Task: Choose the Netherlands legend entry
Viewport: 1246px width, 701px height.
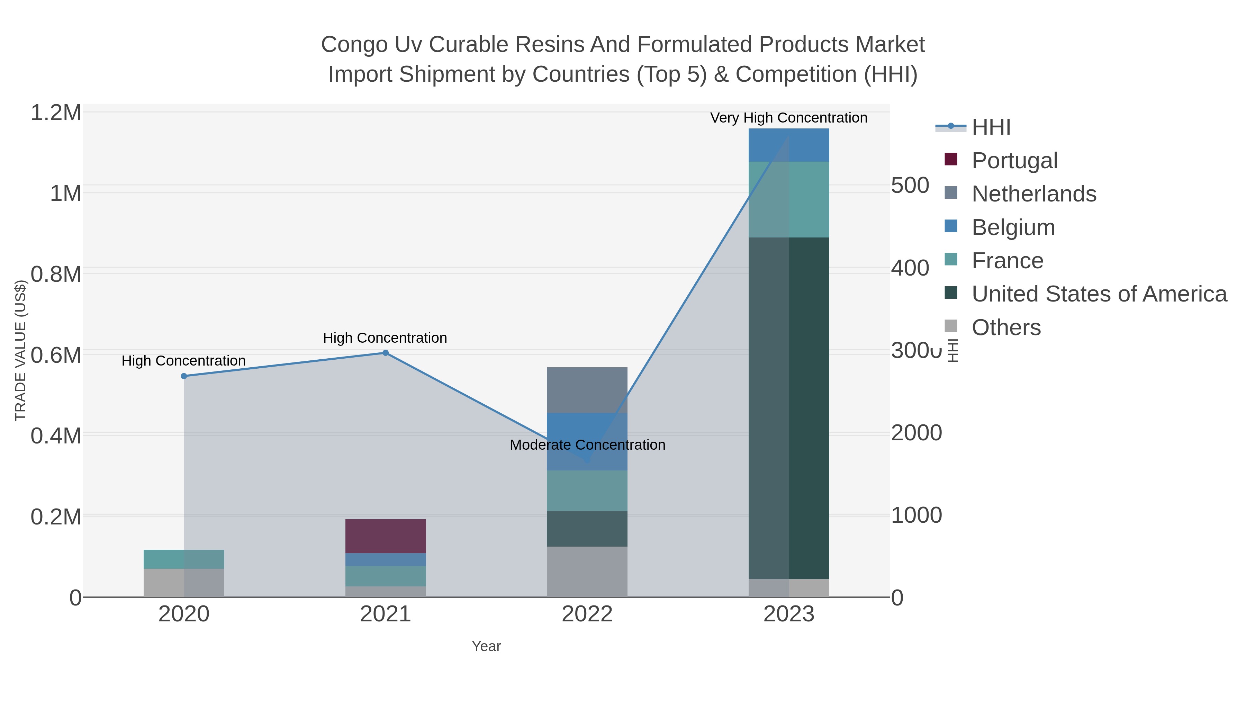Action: click(1033, 194)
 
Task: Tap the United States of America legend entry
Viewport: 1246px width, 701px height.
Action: click(1099, 294)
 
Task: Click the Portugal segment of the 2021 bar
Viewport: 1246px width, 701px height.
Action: click(386, 536)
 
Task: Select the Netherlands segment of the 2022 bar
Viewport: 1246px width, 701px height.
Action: click(587, 390)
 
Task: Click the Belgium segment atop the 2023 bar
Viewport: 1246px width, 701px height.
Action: click(788, 145)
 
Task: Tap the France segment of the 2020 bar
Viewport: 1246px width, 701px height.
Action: click(184, 559)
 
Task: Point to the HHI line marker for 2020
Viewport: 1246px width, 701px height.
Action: click(184, 376)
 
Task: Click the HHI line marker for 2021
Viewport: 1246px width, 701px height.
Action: click(386, 353)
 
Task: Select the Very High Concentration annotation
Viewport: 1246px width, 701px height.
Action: click(788, 118)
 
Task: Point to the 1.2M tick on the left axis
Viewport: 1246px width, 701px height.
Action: click(56, 113)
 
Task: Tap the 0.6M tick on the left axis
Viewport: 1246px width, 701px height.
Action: click(56, 356)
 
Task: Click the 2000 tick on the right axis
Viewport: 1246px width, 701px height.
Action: click(916, 433)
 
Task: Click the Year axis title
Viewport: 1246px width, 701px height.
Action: click(486, 646)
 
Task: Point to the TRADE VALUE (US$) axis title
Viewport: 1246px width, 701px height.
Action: click(20, 350)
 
